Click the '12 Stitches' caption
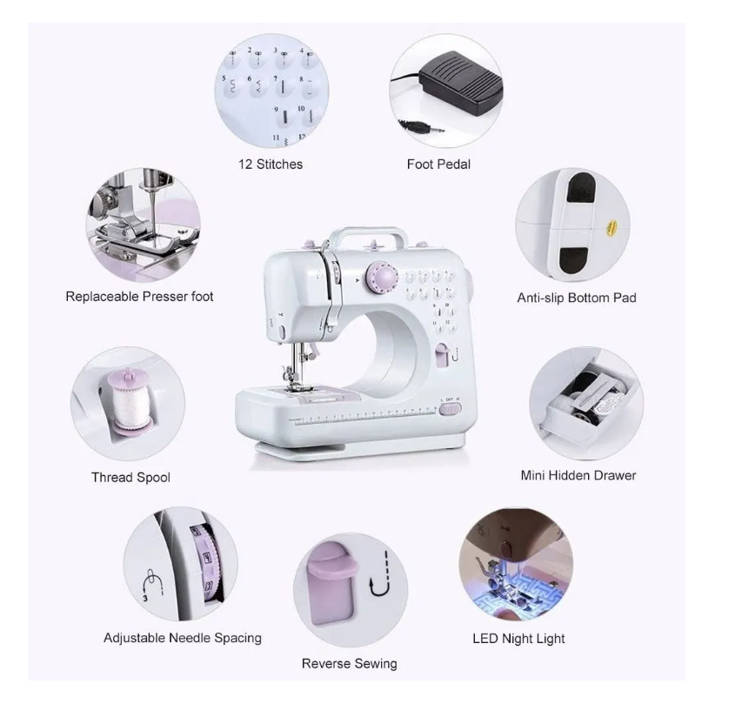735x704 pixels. click(271, 164)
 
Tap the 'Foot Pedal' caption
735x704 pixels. click(438, 164)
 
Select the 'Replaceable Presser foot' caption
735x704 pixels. click(139, 297)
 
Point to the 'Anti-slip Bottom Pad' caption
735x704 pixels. click(577, 298)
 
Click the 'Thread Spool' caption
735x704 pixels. click(130, 477)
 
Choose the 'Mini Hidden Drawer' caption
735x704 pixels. click(578, 475)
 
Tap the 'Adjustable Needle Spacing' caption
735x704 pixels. click(182, 638)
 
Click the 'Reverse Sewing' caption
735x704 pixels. click(349, 663)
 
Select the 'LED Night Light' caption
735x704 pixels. click(518, 638)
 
